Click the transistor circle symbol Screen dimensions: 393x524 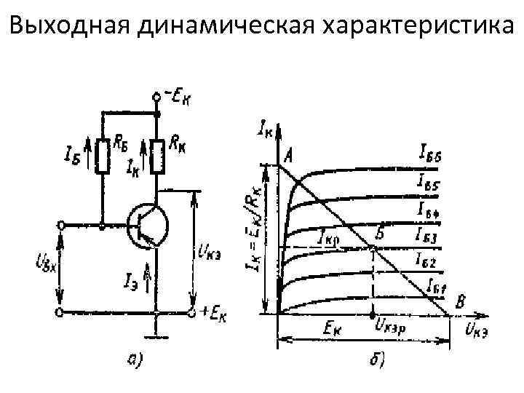147,226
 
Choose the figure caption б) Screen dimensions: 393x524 378,360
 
